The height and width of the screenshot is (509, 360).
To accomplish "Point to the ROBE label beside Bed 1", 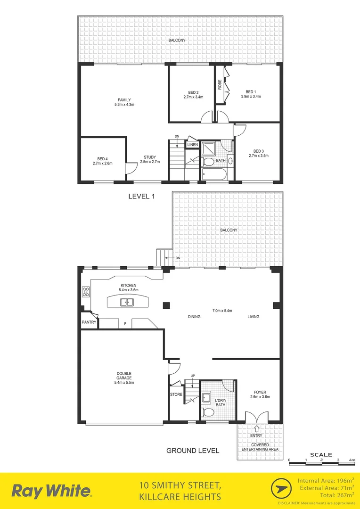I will (x=220, y=84).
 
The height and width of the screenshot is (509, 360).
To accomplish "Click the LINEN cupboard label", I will (x=192, y=145).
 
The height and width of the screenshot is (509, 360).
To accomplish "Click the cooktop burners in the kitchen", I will (x=86, y=292).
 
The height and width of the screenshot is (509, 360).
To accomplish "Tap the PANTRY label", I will (x=89, y=323).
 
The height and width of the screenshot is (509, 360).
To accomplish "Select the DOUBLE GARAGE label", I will (x=124, y=375).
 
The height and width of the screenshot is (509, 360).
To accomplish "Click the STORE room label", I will (x=176, y=394).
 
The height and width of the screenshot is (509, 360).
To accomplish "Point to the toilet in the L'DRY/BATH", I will (x=207, y=412).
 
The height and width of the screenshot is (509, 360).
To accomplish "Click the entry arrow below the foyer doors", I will (x=256, y=429).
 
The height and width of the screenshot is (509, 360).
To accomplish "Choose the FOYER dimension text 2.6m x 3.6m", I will (x=260, y=397).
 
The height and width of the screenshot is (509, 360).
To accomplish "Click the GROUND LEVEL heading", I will (x=193, y=451).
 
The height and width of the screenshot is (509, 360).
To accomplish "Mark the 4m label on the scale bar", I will (x=352, y=460).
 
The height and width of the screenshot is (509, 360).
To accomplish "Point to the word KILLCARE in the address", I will (x=159, y=497).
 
